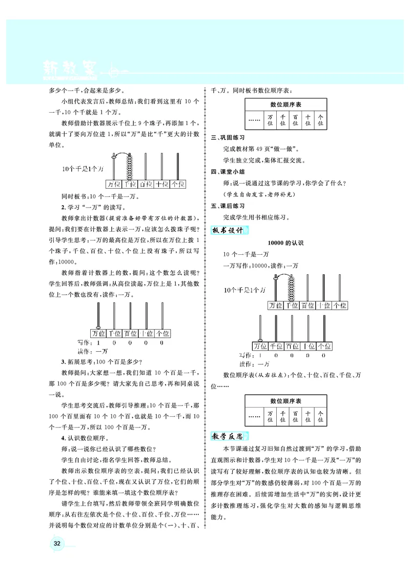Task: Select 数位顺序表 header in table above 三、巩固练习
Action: [285, 104]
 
